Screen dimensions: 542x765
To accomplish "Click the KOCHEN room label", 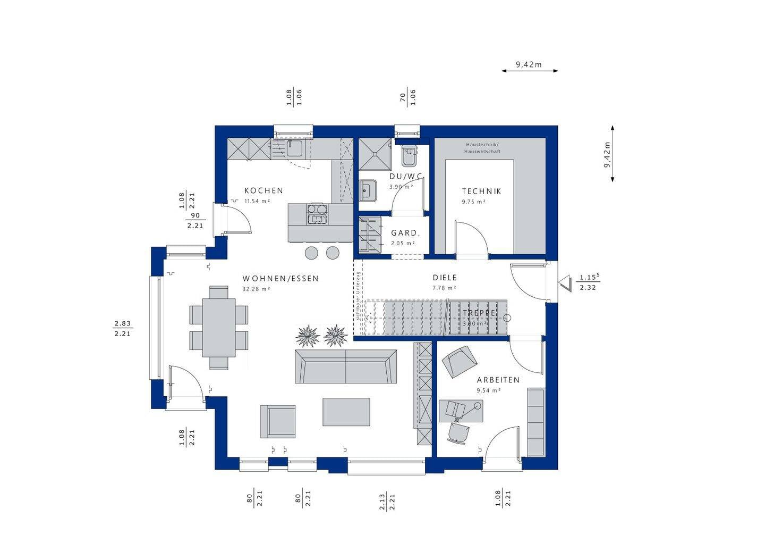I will [x=263, y=190].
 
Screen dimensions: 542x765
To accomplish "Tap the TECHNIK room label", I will [x=481, y=191].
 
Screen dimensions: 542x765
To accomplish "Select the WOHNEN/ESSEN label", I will [x=280, y=278].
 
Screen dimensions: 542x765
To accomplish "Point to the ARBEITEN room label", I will [x=498, y=380].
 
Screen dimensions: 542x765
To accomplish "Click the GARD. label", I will [x=405, y=233].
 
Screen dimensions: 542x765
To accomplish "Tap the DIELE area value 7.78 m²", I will [x=444, y=288].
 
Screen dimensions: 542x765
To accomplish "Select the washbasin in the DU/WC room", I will [x=367, y=190].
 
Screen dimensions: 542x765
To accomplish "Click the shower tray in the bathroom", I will [x=376, y=154].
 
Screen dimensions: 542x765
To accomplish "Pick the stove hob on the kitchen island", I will [x=317, y=213].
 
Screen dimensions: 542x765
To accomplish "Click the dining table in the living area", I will [x=218, y=328].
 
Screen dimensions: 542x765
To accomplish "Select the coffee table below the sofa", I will [x=346, y=412].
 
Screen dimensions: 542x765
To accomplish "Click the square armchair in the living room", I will [x=277, y=421].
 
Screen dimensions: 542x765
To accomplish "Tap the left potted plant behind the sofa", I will [x=308, y=336].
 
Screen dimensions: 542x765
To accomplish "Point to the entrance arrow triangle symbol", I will [x=565, y=283].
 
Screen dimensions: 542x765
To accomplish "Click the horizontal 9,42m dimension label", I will [x=529, y=64].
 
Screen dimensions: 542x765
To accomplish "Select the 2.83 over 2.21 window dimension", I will [x=122, y=328].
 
